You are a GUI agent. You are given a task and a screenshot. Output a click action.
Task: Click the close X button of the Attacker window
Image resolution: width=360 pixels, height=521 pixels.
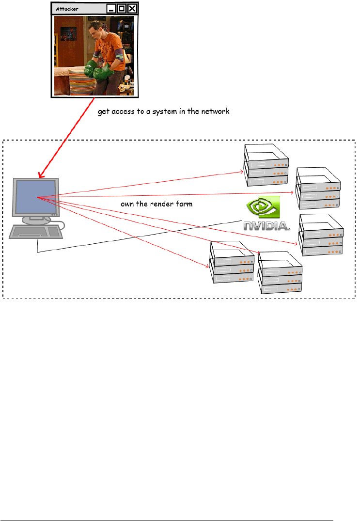(x=131, y=9)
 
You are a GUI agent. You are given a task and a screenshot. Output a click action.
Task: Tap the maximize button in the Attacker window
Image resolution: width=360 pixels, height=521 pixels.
(x=122, y=9)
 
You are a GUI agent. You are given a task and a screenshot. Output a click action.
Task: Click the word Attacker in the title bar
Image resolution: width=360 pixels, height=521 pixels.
(x=67, y=9)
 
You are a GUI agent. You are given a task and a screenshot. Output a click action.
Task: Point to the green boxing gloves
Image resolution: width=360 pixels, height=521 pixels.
(x=97, y=71)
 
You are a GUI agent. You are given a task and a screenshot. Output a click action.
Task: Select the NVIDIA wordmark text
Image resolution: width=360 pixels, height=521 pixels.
(x=266, y=226)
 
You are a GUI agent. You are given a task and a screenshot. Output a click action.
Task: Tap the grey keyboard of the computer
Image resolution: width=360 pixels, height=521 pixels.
(x=36, y=233)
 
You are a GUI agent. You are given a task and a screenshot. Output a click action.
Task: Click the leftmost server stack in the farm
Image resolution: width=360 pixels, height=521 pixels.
(x=231, y=262)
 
